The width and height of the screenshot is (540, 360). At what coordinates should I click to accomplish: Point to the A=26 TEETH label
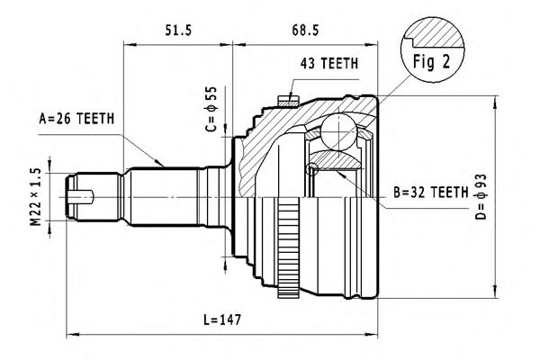[77, 117]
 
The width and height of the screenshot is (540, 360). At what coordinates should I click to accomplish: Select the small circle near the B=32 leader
[313, 169]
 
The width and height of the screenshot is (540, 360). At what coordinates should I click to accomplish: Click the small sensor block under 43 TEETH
[289, 98]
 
